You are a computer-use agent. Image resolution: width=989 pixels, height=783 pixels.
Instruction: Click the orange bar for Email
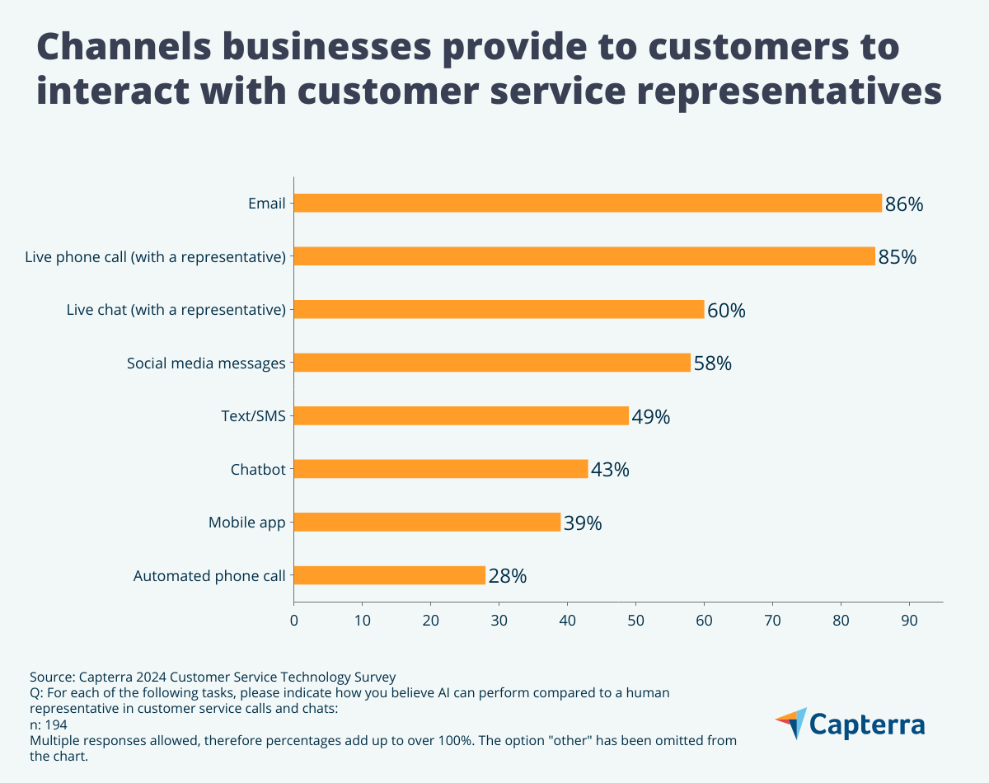coord(588,203)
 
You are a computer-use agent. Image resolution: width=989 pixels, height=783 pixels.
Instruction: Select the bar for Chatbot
coord(441,469)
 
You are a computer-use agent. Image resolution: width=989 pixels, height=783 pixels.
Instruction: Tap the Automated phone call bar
coord(389,575)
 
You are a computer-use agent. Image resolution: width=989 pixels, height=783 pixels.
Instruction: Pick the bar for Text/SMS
coord(462,415)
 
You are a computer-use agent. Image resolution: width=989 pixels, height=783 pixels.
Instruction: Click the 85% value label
coord(897,257)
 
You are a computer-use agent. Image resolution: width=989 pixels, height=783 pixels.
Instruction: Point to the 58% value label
coord(712,363)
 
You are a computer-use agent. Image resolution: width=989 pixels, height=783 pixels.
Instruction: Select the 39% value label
coord(583,523)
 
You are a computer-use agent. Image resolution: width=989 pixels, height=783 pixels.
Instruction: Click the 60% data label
coord(726,311)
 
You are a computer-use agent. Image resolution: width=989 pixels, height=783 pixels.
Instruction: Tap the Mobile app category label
coord(246,523)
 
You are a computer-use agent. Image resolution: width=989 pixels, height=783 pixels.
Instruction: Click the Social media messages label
coord(206,363)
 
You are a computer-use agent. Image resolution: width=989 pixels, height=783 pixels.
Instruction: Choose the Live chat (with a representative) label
coord(176,310)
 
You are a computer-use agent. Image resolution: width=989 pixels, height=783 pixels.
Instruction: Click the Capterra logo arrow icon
coord(791,723)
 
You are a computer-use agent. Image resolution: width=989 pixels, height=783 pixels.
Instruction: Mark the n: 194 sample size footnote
coord(49,724)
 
